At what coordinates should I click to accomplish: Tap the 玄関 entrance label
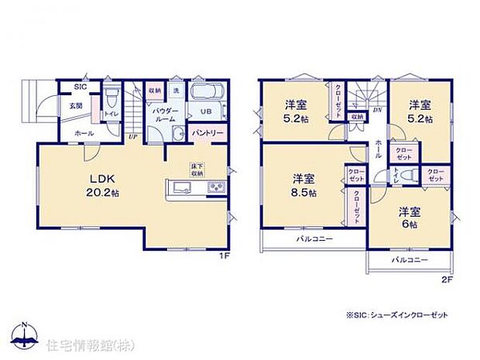coord(76,105)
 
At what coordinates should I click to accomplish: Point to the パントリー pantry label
coord(207,134)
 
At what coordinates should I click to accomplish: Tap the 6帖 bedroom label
coord(409,218)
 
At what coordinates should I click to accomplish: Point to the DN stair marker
coord(376,111)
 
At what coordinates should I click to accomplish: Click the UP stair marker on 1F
coord(133,136)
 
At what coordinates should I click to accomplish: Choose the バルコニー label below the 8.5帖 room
coord(314,239)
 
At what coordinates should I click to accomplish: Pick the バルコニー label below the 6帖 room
coord(409,260)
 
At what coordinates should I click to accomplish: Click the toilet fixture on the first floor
coord(111,98)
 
